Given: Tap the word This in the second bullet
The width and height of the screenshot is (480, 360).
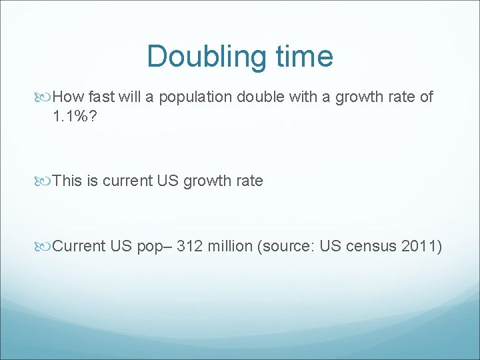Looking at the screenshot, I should click(x=67, y=181).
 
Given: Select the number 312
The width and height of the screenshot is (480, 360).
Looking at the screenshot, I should click(x=189, y=246).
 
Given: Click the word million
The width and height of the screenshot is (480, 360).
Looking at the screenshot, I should click(x=230, y=246).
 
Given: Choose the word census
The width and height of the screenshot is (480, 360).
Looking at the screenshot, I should click(x=372, y=246).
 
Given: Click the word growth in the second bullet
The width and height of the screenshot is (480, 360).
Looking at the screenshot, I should click(x=210, y=181).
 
